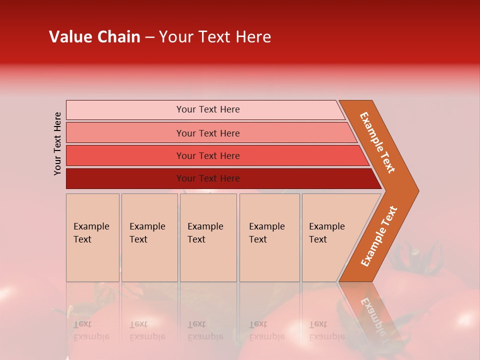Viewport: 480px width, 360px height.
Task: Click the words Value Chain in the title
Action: pos(94,37)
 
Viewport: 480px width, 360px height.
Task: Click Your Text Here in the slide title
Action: pos(215,37)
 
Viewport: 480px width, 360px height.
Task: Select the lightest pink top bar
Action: pos(125,110)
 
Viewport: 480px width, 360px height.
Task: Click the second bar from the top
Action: pos(125,133)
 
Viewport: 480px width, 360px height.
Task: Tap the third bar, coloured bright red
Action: pos(125,155)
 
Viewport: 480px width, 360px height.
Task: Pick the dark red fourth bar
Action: pos(125,178)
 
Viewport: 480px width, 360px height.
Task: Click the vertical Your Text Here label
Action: pos(57,144)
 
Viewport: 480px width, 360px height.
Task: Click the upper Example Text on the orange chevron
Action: pos(377,142)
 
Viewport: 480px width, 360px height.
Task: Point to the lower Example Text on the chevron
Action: pos(379,236)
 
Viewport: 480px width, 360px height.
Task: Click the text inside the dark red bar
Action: pos(208,178)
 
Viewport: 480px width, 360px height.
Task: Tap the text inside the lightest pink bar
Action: pos(208,109)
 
